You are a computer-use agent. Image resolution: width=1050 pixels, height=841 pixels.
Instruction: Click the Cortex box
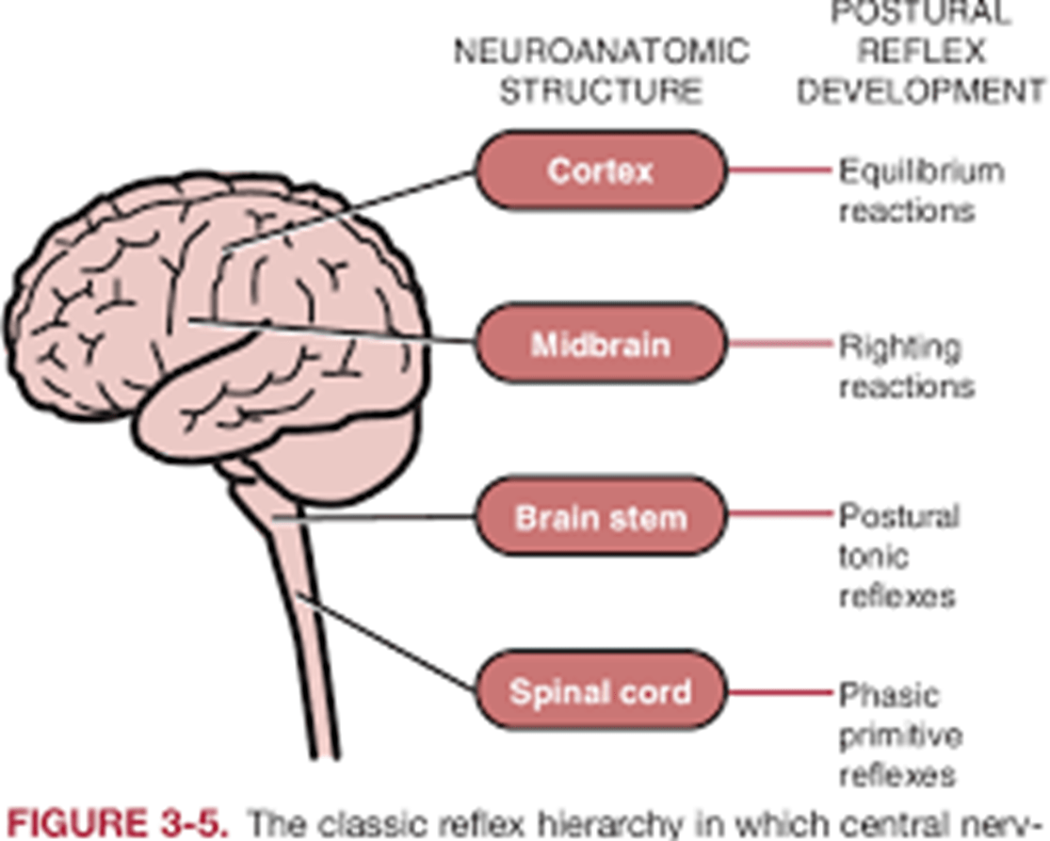(x=601, y=170)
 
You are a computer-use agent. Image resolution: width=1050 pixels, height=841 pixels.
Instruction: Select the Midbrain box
(x=601, y=344)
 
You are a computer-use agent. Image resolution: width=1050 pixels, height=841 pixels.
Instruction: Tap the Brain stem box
(x=601, y=517)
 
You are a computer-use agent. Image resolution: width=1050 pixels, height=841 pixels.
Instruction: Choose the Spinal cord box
(x=601, y=691)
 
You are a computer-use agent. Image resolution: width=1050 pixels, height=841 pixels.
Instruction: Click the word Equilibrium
(x=921, y=171)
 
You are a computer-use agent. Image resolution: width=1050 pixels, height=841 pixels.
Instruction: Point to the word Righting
(x=900, y=348)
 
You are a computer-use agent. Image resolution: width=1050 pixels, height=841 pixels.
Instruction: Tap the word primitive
(x=900, y=735)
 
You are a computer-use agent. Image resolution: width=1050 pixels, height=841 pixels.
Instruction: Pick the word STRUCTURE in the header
(x=601, y=91)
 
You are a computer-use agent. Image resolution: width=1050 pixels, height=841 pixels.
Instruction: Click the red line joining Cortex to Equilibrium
(x=781, y=171)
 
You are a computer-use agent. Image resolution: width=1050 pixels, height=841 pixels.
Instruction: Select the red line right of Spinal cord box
(x=781, y=692)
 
